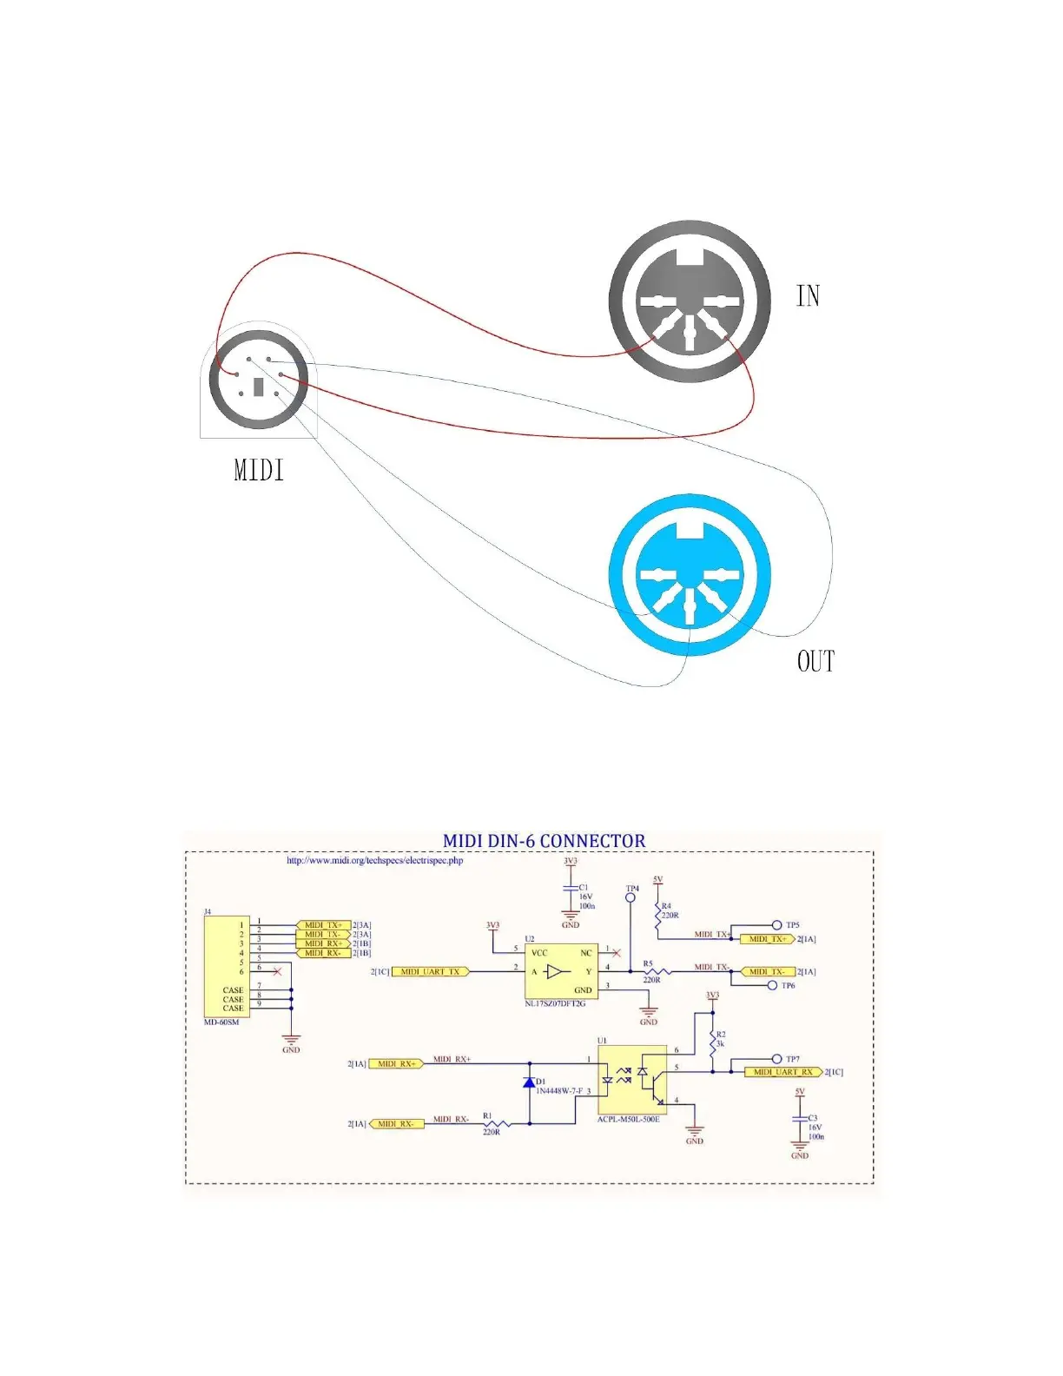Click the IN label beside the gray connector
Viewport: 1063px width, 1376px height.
(x=808, y=296)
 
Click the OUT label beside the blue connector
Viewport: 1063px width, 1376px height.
(x=815, y=662)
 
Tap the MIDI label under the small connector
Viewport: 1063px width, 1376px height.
(x=259, y=471)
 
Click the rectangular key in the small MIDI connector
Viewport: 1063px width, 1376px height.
(x=258, y=387)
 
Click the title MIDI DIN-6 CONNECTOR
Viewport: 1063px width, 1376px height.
(x=545, y=841)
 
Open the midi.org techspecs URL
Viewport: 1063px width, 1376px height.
(x=374, y=861)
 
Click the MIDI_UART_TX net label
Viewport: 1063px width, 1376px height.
(x=431, y=971)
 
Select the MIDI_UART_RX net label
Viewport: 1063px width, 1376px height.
(x=782, y=1072)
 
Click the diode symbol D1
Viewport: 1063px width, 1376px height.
(x=529, y=1082)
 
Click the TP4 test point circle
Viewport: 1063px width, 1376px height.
(x=631, y=898)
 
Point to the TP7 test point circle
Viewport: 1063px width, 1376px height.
(x=776, y=1059)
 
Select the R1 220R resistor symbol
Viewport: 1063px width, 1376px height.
(x=498, y=1124)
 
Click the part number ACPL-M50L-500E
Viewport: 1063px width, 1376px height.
(x=628, y=1119)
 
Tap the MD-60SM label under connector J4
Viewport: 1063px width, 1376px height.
(x=221, y=1022)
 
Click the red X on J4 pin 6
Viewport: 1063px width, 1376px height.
(x=277, y=971)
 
